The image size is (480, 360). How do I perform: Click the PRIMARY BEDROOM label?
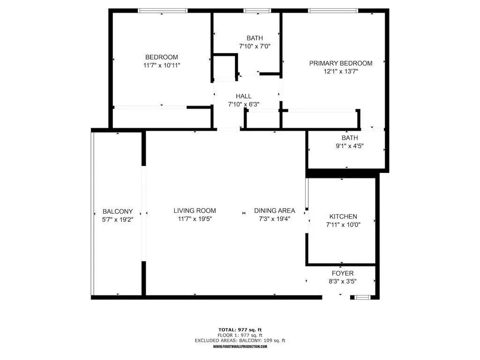[341, 63]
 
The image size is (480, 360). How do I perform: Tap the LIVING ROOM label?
[195, 211]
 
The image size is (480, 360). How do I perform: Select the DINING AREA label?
[275, 211]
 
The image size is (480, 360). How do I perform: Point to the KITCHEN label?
[343, 217]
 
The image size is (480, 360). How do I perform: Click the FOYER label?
[342, 273]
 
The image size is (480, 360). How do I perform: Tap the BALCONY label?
[118, 211]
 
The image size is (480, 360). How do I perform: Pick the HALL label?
[244, 96]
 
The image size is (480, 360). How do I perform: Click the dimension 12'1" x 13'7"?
[341, 72]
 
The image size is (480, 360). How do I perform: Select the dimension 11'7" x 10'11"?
[162, 66]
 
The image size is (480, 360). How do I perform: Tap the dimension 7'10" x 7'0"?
[255, 46]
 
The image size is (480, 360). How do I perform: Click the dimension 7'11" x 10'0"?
[343, 225]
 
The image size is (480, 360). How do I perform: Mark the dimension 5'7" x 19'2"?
[118, 219]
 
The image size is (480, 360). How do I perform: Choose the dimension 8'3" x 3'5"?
[342, 281]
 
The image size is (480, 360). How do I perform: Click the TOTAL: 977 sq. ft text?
[240, 330]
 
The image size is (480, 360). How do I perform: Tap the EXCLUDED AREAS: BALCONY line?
[240, 341]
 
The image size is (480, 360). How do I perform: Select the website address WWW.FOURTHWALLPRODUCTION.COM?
[240, 346]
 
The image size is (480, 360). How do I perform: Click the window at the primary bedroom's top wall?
[333, 10]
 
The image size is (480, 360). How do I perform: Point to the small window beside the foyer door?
[361, 297]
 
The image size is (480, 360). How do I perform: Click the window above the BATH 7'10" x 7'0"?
[257, 10]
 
